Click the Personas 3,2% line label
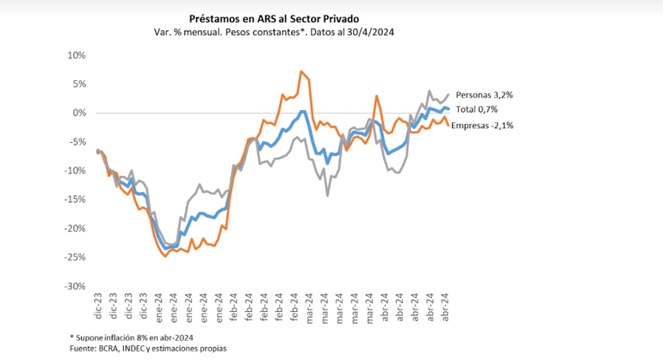coord(487,95)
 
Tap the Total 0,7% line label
coord(479,109)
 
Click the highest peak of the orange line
coord(301,71)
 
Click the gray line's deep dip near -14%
coord(327,196)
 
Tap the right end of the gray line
coord(448,94)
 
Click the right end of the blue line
coord(449,109)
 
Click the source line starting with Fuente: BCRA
coord(148,348)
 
